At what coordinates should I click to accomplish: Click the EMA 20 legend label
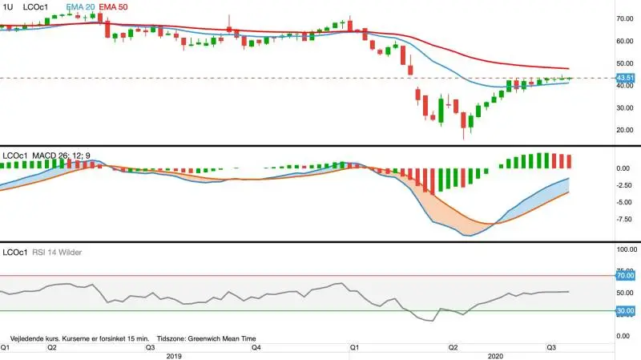(81, 7)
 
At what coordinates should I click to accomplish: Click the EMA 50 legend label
(113, 7)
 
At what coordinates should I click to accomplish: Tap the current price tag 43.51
(625, 78)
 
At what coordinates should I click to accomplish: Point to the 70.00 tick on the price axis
(625, 18)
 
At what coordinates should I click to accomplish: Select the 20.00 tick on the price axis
(625, 130)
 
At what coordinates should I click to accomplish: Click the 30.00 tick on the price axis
(625, 108)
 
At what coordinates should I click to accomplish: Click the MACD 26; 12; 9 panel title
(62, 156)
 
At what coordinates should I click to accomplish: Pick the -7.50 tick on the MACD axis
(625, 220)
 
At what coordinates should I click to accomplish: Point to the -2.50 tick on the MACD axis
(625, 185)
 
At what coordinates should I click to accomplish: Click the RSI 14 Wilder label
(57, 253)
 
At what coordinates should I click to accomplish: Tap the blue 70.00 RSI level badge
(626, 276)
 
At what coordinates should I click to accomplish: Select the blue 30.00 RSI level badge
(626, 311)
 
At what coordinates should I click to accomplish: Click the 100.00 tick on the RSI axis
(627, 249)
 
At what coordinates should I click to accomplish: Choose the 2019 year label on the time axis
(174, 356)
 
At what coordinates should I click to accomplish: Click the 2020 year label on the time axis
(495, 356)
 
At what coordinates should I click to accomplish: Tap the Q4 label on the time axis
(256, 348)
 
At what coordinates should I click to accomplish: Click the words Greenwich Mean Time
(222, 338)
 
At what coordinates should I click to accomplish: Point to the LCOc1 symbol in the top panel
(35, 7)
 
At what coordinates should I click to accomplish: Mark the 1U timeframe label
(8, 7)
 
